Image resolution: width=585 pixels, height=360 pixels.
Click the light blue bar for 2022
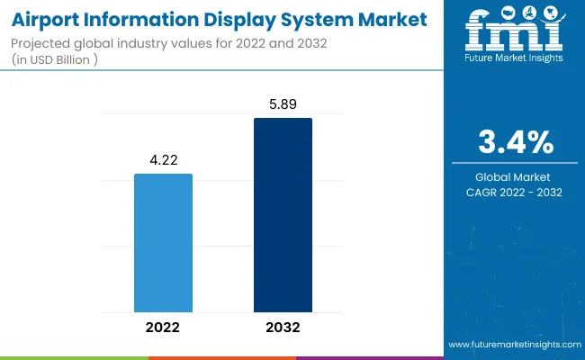coord(163,242)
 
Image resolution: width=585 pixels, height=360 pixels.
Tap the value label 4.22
coord(163,158)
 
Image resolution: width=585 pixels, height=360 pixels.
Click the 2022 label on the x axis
coord(163,327)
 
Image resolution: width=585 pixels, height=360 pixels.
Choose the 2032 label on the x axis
coord(283,327)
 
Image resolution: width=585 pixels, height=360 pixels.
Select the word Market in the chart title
coord(381,18)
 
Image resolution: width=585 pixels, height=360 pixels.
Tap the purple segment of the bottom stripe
coord(369,357)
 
